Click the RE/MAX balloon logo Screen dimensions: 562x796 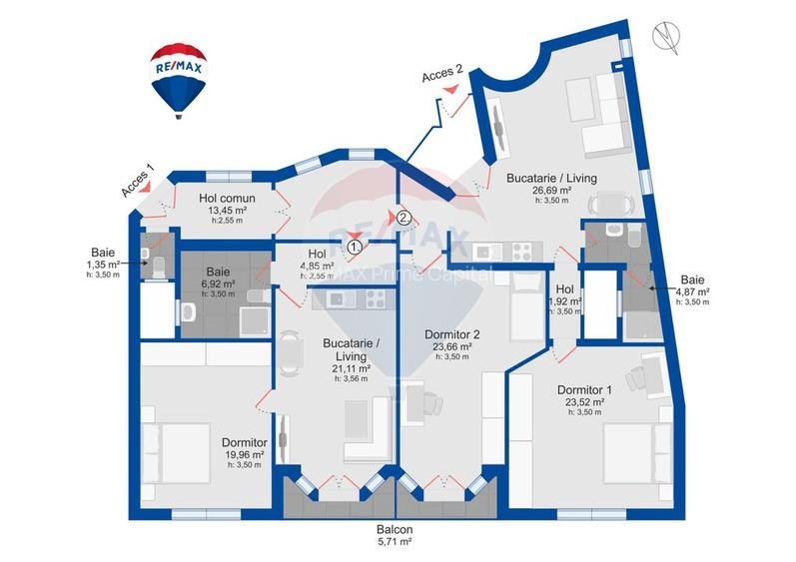(178, 78)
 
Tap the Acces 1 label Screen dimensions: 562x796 (138, 180)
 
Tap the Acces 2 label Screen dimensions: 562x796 (442, 74)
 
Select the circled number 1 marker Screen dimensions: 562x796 (355, 244)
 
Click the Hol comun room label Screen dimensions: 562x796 (227, 199)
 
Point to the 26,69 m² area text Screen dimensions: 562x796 (550, 190)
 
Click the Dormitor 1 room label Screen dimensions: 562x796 (585, 390)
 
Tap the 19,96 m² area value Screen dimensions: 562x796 (243, 454)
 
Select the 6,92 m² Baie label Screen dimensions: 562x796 (217, 271)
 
